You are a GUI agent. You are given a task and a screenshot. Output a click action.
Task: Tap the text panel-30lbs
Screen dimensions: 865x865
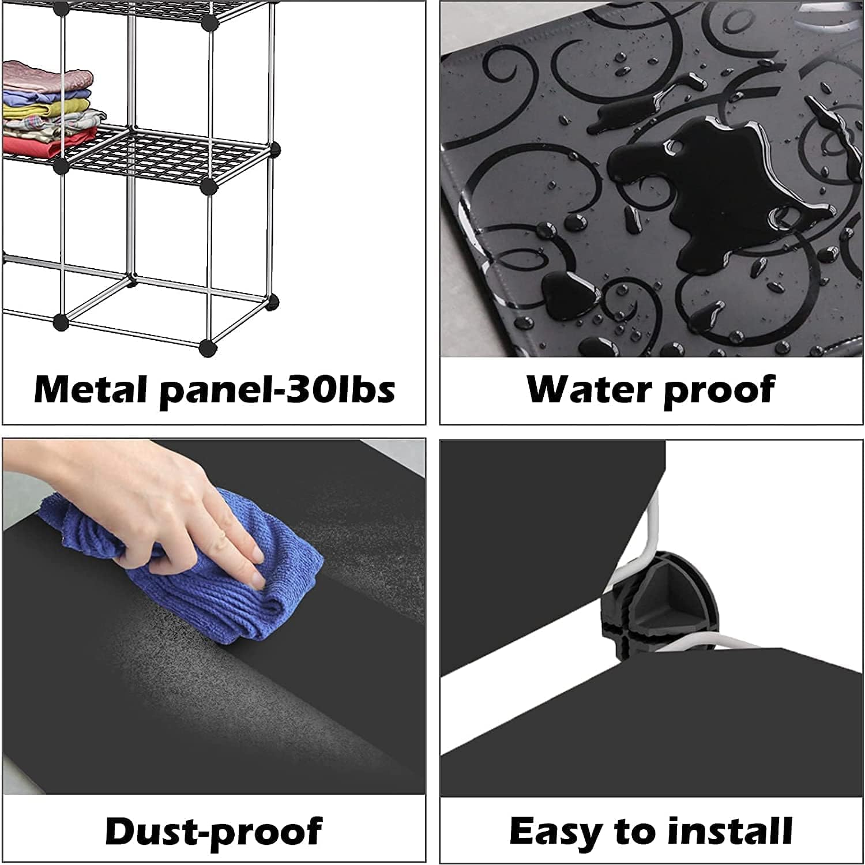click(x=277, y=390)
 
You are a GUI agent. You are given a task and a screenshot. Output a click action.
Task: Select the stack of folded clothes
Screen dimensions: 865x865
click(x=52, y=110)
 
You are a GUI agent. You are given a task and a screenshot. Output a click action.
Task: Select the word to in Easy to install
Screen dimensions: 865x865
click(x=629, y=832)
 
